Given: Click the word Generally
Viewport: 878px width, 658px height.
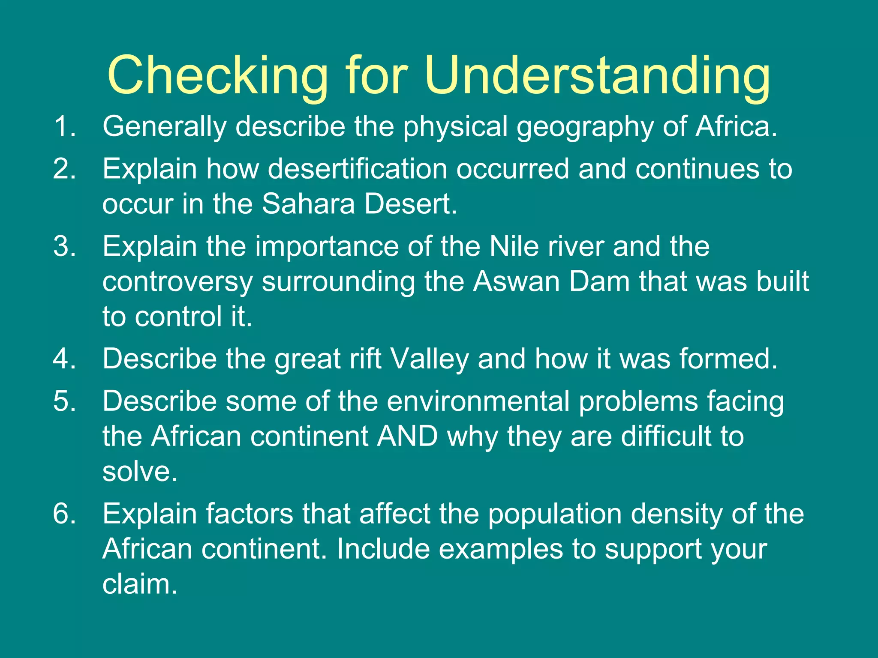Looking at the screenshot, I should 164,127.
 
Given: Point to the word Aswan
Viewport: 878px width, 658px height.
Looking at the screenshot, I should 517,282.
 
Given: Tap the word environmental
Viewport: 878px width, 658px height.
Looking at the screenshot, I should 478,402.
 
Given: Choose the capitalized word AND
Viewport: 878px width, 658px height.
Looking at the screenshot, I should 408,437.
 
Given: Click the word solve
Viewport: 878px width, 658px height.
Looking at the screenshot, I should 140,472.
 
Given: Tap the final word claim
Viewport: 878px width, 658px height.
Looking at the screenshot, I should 140,584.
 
